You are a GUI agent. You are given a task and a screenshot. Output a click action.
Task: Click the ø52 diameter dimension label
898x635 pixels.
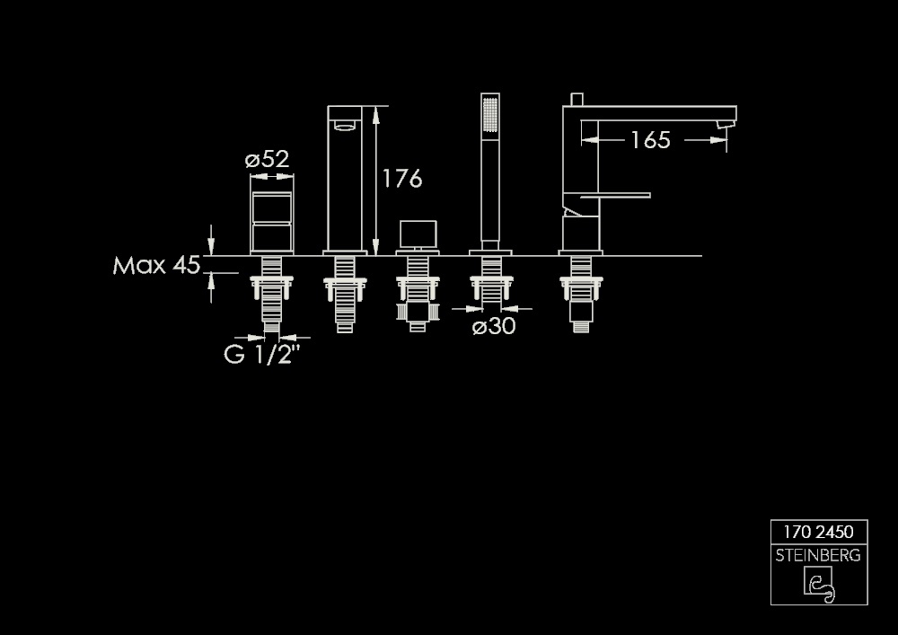click(267, 159)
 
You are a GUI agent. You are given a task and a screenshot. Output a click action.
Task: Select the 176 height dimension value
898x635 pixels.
click(402, 179)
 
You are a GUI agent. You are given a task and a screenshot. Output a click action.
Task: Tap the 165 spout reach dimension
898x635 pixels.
click(650, 140)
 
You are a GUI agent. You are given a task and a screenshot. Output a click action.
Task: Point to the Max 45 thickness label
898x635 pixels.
click(156, 265)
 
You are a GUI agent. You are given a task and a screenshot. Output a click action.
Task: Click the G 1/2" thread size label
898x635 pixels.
click(261, 355)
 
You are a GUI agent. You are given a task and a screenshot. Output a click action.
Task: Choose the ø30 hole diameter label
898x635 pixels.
click(494, 326)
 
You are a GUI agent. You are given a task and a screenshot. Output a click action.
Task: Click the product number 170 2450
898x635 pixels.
click(818, 532)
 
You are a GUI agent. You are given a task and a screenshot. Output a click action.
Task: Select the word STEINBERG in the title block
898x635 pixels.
click(818, 555)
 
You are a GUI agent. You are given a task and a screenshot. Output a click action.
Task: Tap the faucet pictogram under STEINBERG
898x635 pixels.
click(819, 585)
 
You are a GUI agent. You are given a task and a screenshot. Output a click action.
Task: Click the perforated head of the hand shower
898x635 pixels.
click(490, 115)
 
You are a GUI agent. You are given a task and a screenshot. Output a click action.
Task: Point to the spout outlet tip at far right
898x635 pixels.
click(726, 124)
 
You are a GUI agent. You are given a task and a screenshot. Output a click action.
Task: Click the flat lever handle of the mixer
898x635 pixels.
click(615, 195)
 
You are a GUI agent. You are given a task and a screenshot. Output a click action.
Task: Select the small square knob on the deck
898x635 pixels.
click(418, 234)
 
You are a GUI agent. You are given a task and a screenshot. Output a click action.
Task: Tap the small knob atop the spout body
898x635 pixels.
click(577, 100)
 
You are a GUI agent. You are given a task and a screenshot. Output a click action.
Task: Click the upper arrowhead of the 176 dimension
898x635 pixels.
click(375, 115)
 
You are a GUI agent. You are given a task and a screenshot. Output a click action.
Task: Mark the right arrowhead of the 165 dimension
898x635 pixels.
click(718, 140)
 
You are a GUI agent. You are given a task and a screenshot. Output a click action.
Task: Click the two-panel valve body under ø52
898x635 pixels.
click(272, 213)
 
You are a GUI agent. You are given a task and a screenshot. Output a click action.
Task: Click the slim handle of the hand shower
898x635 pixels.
click(490, 190)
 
